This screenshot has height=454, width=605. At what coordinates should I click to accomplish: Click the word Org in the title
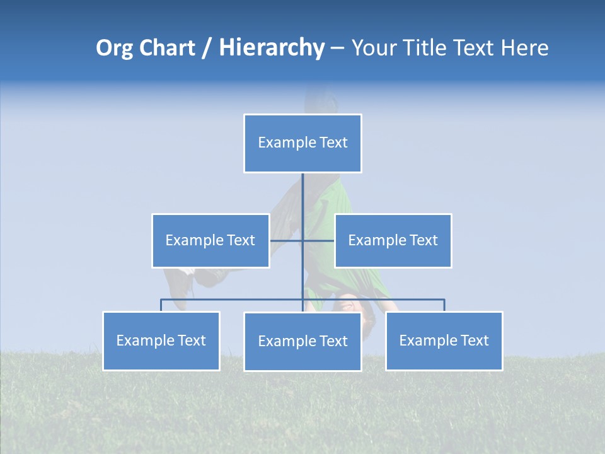[114, 48]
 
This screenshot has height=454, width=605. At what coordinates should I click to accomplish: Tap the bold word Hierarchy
[272, 48]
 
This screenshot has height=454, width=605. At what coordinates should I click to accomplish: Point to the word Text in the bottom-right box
[475, 340]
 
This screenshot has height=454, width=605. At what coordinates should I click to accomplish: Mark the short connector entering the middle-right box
[320, 240]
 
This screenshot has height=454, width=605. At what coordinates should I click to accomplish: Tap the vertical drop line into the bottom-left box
[161, 305]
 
